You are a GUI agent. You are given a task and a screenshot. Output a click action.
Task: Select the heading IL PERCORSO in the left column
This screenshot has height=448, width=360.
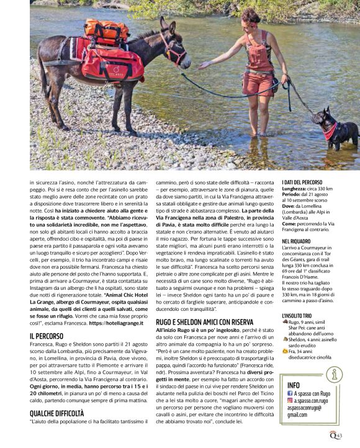coord(50,336)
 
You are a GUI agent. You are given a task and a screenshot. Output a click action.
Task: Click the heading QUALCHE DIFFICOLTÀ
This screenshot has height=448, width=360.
coord(57,413)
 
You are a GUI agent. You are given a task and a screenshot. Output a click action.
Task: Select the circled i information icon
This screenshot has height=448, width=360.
coord(335,374)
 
